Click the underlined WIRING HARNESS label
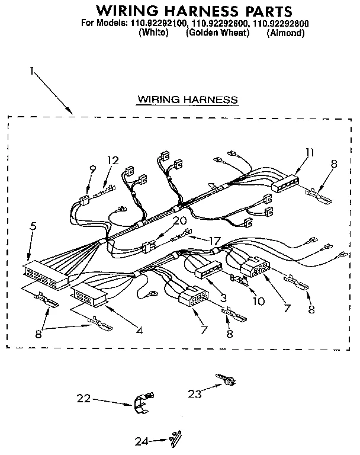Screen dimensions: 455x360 coord(187,99)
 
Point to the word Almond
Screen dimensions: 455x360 coord(285,33)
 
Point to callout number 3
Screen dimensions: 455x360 coord(223,297)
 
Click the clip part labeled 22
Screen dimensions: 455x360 coord(142,403)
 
